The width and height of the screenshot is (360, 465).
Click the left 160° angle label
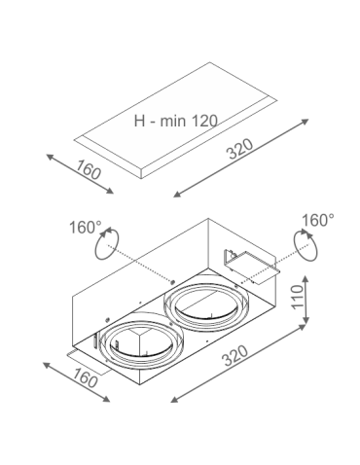click(86, 228)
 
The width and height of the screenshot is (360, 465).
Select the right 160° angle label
click(317, 221)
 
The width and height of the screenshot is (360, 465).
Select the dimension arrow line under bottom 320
click(240, 367)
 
